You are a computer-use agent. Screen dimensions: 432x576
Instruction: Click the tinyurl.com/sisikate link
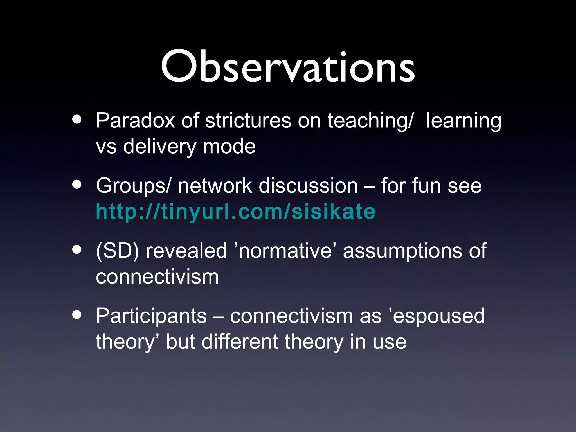click(236, 211)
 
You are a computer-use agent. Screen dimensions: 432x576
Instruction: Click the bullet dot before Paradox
click(76, 119)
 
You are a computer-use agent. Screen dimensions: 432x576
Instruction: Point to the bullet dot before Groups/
click(76, 184)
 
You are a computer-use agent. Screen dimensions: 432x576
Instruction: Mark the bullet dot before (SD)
click(76, 249)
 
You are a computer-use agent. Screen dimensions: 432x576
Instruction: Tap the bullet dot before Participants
click(76, 314)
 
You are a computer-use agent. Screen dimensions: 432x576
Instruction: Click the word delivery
click(159, 147)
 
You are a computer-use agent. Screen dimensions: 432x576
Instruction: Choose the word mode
click(229, 147)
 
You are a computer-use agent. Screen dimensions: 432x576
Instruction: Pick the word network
click(215, 186)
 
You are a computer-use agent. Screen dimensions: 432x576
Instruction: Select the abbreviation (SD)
click(117, 251)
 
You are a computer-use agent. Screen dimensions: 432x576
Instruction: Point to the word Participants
click(151, 316)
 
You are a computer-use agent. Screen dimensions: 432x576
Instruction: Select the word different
click(240, 342)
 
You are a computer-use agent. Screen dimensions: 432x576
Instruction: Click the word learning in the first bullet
click(463, 121)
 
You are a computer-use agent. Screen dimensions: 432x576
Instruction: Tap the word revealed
click(186, 251)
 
